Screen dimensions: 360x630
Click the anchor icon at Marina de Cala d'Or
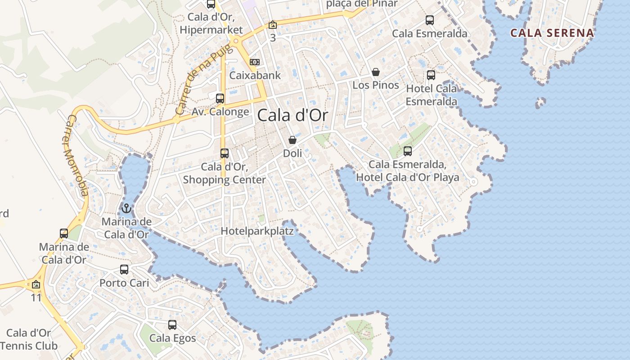pos(126,208)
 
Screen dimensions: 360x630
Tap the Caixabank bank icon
pos(255,62)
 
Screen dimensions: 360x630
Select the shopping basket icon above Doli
pos(292,140)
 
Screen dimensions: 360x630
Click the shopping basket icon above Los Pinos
pos(376,72)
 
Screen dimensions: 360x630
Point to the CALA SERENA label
pos(552,33)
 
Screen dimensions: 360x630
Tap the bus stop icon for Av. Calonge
pos(220,98)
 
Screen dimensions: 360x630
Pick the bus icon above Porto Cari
pos(124,270)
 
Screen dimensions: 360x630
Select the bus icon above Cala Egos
pos(172,324)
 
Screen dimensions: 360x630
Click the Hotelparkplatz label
pos(257,231)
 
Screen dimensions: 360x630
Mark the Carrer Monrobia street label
pos(76,155)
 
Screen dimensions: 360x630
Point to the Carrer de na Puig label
pos(204,79)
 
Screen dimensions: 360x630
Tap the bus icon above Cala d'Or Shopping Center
pos(225,153)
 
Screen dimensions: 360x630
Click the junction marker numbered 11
pos(36,284)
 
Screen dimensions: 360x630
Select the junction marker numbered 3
pos(273,25)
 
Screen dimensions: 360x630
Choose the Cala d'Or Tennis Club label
pos(29,339)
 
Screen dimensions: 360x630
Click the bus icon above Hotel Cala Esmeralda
pos(431,75)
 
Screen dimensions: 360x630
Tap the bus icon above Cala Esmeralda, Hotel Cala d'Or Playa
pos(408,151)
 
